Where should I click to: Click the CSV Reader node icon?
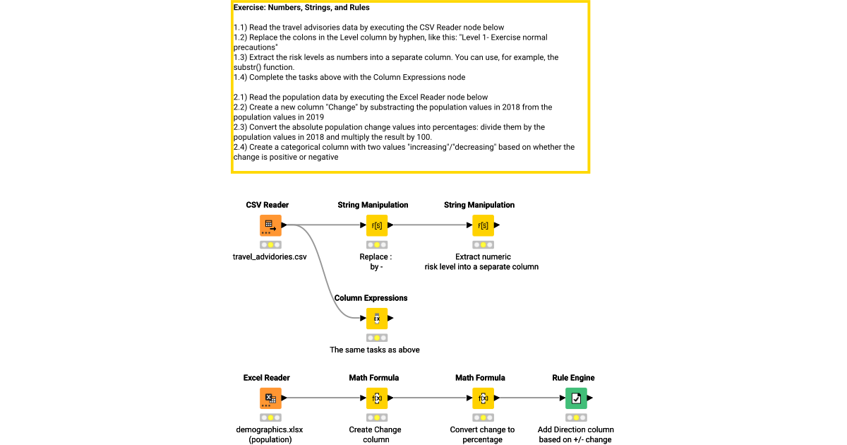270,225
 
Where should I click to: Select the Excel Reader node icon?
270,398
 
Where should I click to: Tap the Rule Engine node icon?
576,398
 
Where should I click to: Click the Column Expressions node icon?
376,319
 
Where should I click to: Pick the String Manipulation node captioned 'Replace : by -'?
376,225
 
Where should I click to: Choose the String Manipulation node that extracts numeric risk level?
483,225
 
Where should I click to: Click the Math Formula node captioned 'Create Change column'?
376,398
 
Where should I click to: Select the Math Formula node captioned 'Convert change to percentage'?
483,398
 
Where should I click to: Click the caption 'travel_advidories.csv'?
270,257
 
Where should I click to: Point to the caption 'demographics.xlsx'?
270,429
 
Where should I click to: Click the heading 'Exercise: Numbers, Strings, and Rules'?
301,8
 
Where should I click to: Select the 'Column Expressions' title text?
371,298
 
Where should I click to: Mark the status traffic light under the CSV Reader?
270,244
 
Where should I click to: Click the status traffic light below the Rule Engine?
576,417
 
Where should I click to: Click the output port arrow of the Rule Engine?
590,398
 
